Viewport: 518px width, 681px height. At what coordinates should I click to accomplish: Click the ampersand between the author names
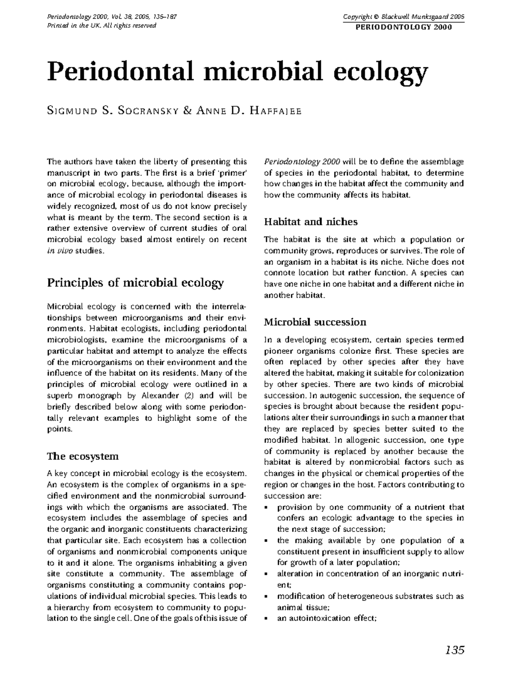pos(187,111)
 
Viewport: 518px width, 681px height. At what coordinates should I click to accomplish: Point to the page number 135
pos(454,650)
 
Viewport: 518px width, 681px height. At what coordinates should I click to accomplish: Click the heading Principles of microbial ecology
pos(135,283)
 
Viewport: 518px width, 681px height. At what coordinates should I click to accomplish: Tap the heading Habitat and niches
pos(311,222)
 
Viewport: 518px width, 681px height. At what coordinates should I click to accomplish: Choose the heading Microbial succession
pos(315,322)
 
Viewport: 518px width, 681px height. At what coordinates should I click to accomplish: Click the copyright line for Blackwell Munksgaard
pos(403,17)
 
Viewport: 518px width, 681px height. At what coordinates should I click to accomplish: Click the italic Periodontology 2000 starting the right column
pos(302,162)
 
